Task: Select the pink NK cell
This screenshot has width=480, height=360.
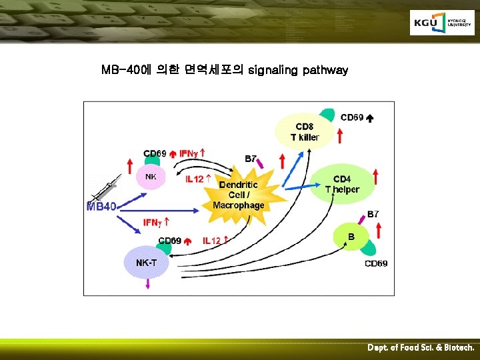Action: [x=151, y=177]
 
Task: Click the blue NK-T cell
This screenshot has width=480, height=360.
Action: [x=146, y=262]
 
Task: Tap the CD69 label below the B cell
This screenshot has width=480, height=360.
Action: [x=376, y=264]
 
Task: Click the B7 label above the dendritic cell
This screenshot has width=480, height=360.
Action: [x=251, y=159]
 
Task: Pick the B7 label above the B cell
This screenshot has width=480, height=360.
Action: [x=373, y=214]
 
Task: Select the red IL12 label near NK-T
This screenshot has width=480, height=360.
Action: [x=215, y=241]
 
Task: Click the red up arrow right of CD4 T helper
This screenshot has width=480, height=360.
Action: [x=377, y=177]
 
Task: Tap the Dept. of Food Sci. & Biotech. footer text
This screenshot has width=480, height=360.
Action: [x=421, y=348]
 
